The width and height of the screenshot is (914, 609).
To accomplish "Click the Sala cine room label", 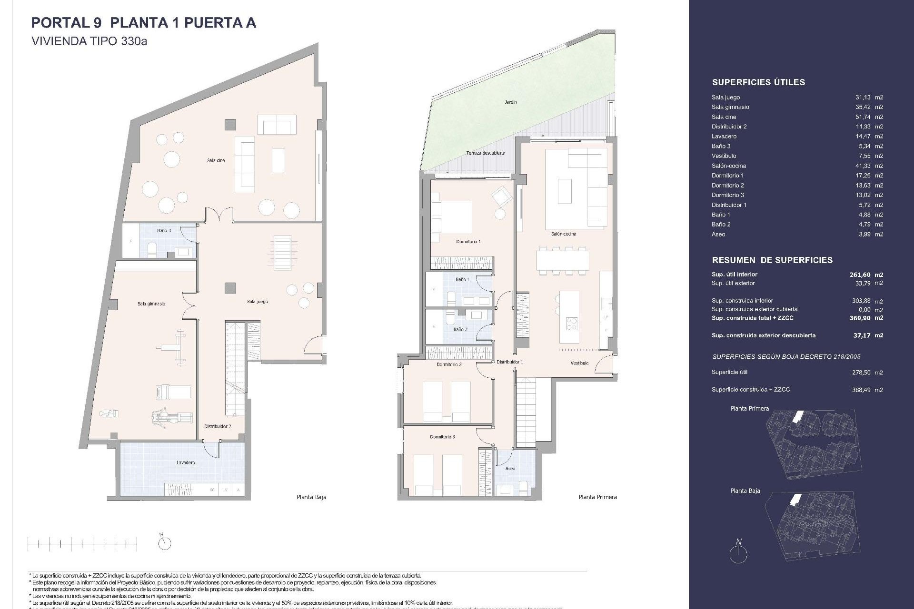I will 216,160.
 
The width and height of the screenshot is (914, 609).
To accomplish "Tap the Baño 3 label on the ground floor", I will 164,230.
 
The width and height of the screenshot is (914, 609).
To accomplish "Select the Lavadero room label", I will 185,462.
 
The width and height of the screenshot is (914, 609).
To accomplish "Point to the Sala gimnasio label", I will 151,304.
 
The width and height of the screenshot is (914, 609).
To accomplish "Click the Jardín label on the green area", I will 511,102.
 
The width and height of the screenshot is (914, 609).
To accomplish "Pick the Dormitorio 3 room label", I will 442,437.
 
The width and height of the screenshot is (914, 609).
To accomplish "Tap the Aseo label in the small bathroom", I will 510,469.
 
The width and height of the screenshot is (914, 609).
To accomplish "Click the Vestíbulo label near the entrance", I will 579,363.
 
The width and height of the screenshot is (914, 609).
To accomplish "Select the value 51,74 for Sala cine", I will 862,117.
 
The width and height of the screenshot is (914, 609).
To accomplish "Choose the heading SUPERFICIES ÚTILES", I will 758,82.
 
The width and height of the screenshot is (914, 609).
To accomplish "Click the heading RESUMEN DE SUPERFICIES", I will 772,260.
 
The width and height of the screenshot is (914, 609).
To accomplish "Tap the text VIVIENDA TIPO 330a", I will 89,41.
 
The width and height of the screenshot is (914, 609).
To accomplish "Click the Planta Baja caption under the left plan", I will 311,497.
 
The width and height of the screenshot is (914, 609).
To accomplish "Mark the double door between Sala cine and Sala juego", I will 219,215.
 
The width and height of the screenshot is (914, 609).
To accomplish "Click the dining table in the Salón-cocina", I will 562,260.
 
